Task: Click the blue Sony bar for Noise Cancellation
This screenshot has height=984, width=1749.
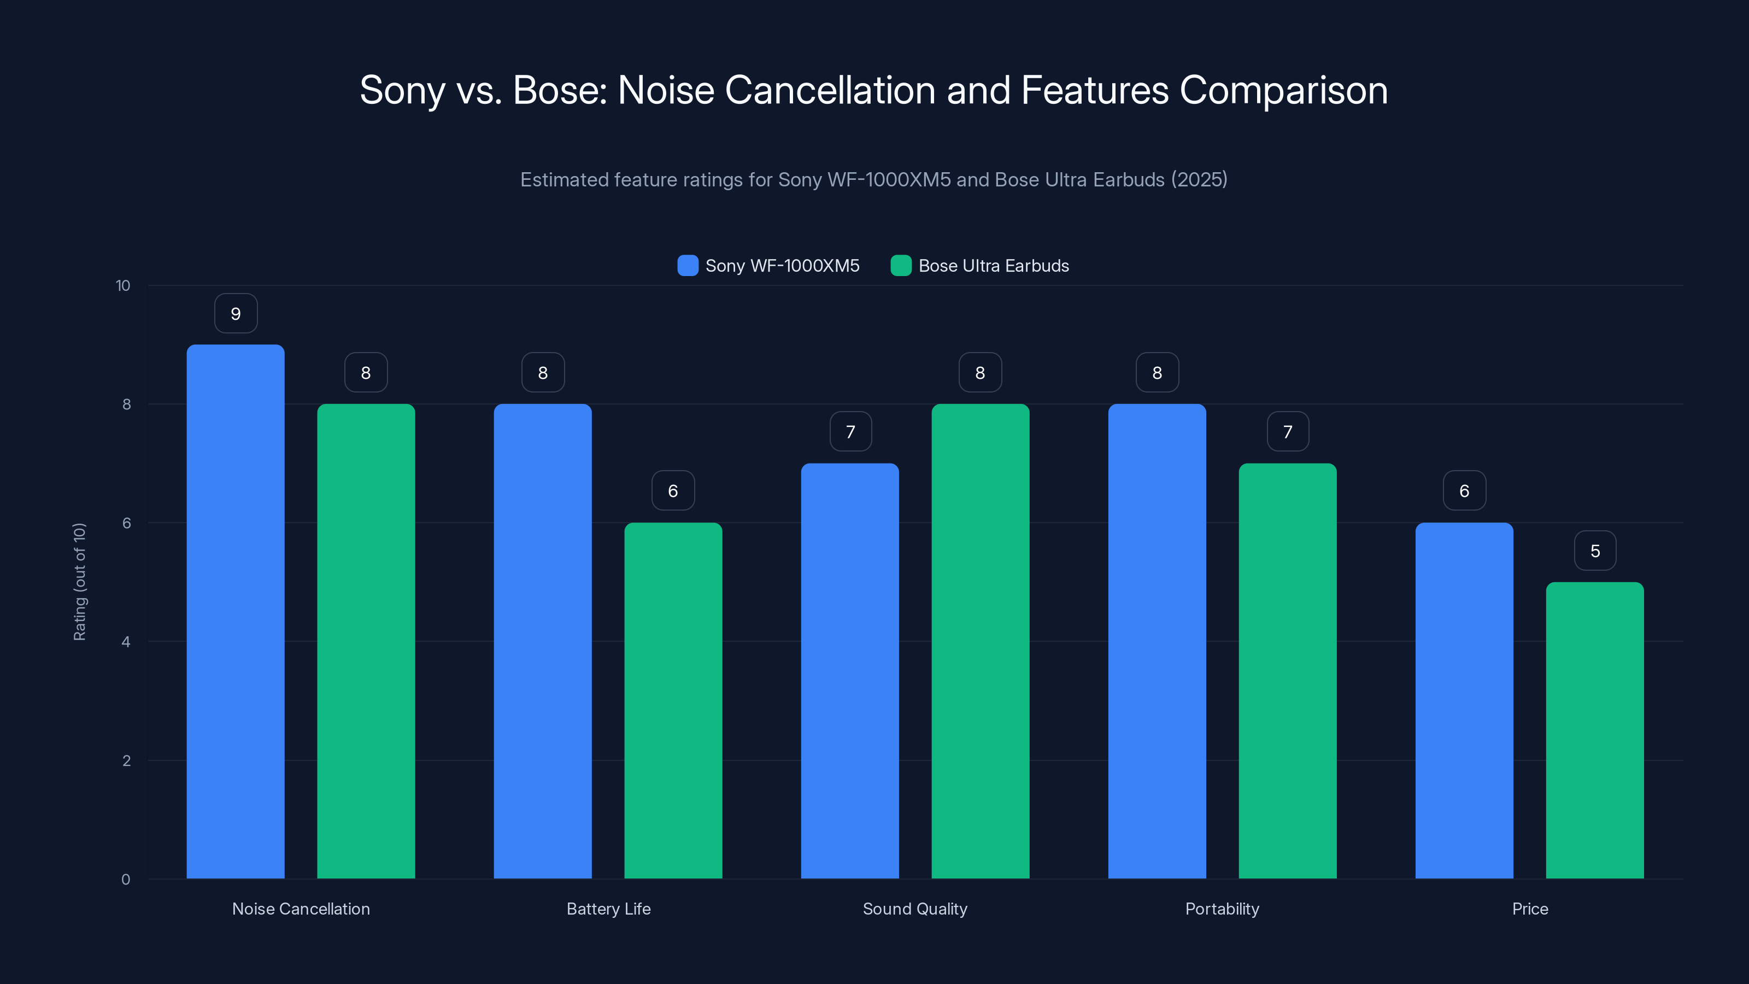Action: pos(236,611)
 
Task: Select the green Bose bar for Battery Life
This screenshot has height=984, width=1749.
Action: pos(673,700)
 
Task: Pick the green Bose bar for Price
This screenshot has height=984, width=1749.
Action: pos(1594,730)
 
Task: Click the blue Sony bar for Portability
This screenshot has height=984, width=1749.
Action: pos(1157,641)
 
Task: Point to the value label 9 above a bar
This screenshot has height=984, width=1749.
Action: pos(236,314)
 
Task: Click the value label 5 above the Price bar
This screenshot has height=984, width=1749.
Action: pos(1595,550)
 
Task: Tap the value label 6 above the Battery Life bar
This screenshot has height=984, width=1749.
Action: pos(673,491)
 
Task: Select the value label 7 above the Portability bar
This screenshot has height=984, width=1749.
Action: pos(1287,432)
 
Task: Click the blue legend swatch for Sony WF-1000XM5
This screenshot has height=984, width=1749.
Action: pos(688,266)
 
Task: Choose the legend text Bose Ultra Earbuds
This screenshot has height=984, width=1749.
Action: pos(993,266)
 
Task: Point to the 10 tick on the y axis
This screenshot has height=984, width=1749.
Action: pos(123,285)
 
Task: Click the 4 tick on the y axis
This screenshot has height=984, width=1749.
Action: pos(126,642)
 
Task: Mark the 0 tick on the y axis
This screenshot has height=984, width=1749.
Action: pos(126,880)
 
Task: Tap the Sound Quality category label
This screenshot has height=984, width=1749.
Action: pos(914,909)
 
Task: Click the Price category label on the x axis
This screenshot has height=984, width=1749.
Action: pos(1530,909)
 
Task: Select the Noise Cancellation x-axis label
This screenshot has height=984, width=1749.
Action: pos(301,909)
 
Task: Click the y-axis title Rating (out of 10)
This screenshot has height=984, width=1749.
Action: pos(79,581)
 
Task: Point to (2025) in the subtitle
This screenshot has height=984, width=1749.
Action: pos(1199,179)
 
